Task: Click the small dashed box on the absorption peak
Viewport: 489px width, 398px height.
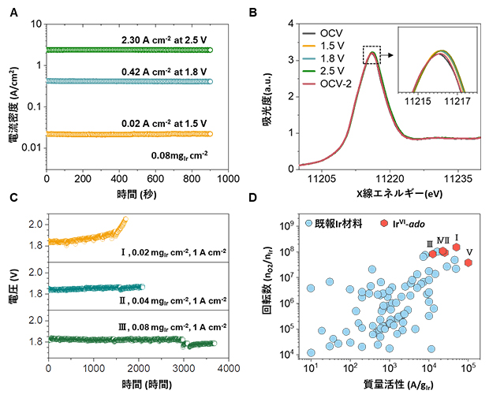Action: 372,54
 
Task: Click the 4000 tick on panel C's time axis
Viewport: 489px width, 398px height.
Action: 228,368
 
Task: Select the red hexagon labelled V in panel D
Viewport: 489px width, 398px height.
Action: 468,262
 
